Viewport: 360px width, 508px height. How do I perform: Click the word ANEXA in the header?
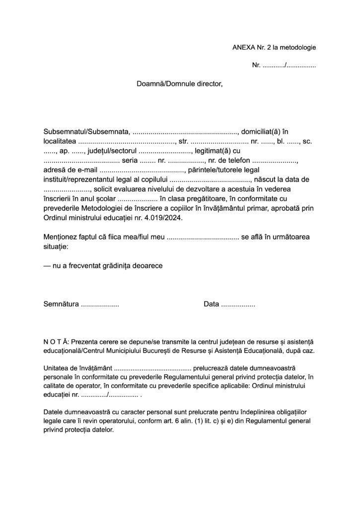(x=243, y=47)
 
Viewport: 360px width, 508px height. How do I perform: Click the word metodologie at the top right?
(x=296, y=47)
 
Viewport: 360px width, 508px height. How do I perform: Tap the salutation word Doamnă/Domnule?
(x=162, y=84)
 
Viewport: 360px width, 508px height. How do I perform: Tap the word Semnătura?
(x=61, y=304)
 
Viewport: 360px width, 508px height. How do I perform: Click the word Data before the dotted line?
(x=212, y=304)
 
